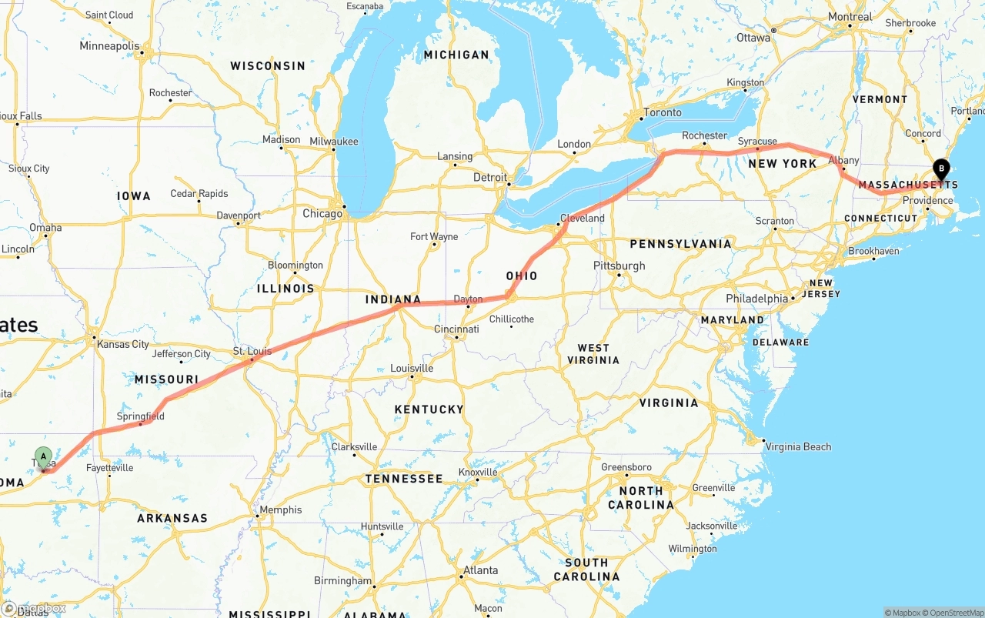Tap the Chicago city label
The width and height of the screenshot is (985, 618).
(322, 213)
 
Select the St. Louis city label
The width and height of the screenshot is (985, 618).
(252, 352)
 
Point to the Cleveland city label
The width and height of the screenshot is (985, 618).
(583, 218)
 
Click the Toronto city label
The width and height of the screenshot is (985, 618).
(663, 112)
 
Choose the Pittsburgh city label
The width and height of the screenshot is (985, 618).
(619, 266)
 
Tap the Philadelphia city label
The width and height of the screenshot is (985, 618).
(757, 299)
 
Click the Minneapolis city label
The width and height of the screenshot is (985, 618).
(110, 46)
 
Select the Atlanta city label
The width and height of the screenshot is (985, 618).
(479, 570)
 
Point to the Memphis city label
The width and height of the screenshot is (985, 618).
(281, 509)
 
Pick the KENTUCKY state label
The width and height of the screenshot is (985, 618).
(429, 409)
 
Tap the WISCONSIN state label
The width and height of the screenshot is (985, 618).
(268, 66)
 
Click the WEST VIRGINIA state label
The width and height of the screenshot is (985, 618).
(593, 354)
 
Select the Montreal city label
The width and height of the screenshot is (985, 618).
(850, 17)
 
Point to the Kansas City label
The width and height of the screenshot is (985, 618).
(123, 344)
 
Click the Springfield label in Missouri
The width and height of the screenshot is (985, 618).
(141, 416)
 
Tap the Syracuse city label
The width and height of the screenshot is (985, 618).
(757, 142)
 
